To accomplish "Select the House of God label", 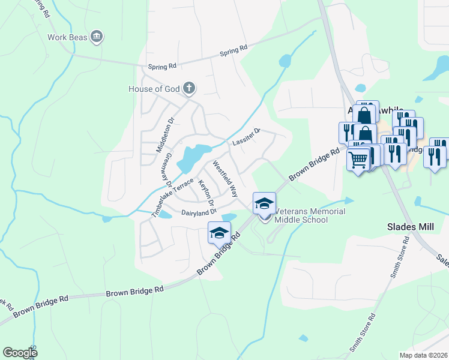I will point(154,89).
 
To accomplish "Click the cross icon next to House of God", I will point(189,89).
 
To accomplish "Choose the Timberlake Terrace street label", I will point(173,197).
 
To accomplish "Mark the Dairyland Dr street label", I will point(198,212).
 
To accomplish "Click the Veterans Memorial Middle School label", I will point(301,215).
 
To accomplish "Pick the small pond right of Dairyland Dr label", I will point(229,217).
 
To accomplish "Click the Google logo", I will point(20,353).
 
